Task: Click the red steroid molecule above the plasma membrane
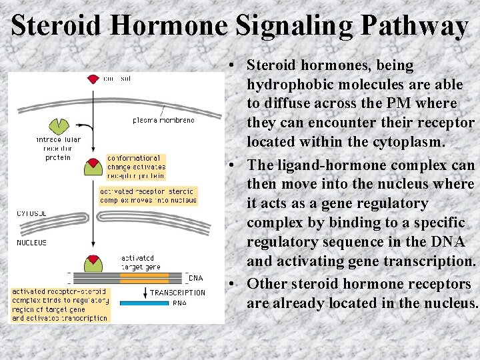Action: click(x=93, y=79)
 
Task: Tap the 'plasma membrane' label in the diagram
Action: click(x=163, y=120)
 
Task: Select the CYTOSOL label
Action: click(x=31, y=214)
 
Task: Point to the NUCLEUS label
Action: click(x=31, y=243)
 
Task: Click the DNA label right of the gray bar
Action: click(x=196, y=277)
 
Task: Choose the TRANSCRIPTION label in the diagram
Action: click(x=177, y=292)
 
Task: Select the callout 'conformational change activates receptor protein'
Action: click(x=136, y=167)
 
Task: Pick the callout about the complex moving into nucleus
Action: click(x=148, y=195)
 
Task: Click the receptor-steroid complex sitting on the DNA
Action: click(x=93, y=262)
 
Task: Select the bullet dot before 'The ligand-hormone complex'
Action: click(x=229, y=165)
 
